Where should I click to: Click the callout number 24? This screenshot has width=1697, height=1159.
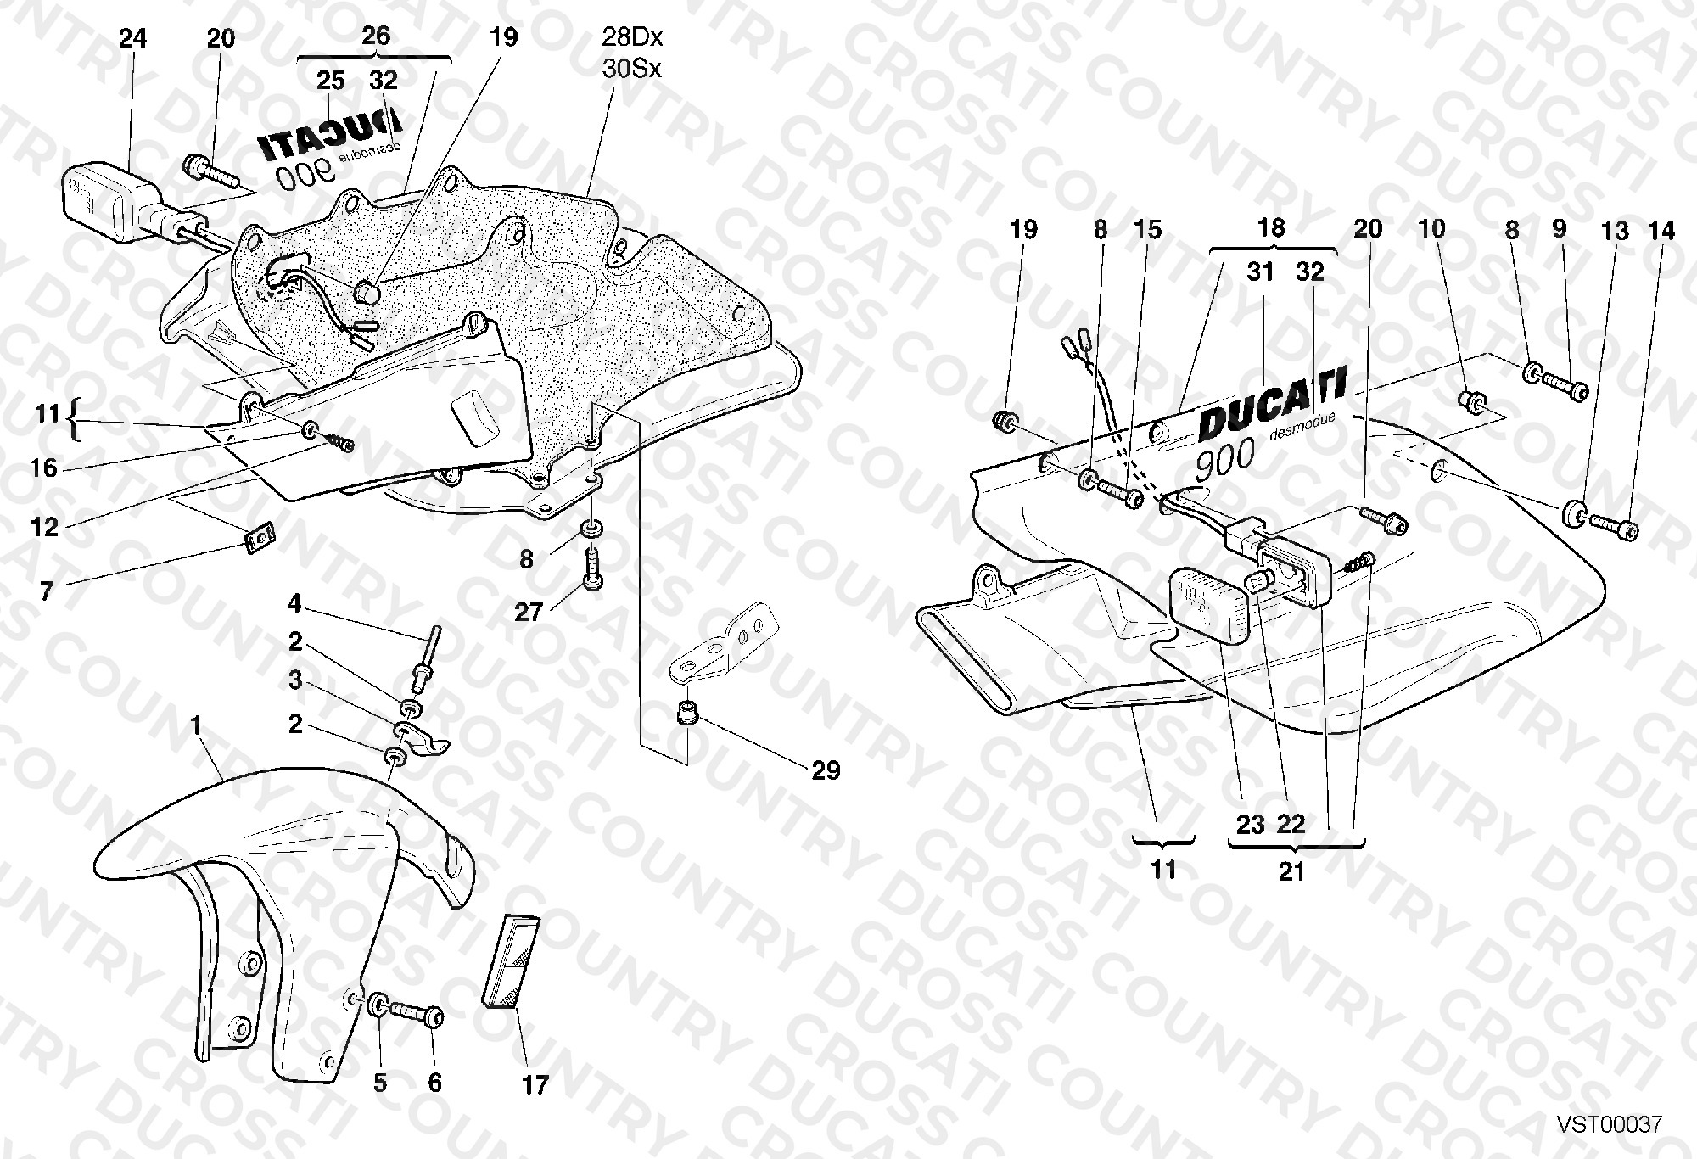[x=132, y=39]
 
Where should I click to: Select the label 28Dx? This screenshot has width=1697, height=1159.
[x=632, y=37]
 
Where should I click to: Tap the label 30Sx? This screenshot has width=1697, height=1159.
[x=631, y=68]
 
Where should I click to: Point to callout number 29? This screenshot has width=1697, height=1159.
[x=826, y=770]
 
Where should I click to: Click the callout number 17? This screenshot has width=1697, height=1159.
[x=535, y=1085]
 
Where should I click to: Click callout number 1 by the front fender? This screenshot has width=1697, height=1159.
[x=197, y=726]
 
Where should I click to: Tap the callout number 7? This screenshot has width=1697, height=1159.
[x=48, y=591]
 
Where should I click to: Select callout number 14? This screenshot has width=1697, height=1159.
[x=1661, y=231]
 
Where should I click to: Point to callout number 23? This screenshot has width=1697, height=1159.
[x=1251, y=825]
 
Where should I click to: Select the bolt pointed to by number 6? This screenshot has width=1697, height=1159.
[x=419, y=1012]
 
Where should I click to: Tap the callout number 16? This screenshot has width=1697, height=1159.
[x=45, y=468]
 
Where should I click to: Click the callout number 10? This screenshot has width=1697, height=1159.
[x=1431, y=229]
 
